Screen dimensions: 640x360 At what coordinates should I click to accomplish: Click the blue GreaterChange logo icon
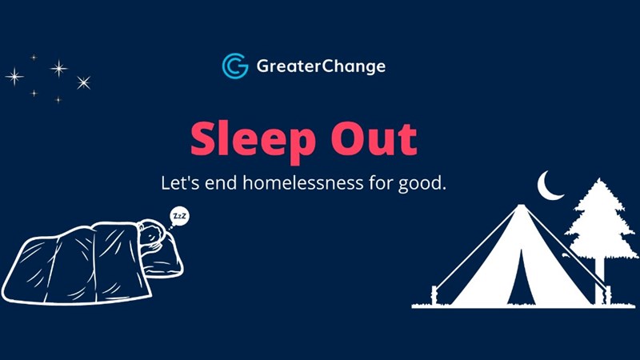[234, 66]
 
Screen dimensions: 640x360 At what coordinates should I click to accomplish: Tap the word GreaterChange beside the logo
[321, 66]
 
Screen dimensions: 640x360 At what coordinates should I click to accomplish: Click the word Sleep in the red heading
[253, 141]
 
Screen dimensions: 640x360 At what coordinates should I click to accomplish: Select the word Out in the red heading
[374, 138]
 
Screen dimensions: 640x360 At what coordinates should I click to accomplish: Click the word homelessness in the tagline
[303, 182]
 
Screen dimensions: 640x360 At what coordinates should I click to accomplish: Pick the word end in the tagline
[221, 182]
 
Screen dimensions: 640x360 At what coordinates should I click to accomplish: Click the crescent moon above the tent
[548, 187]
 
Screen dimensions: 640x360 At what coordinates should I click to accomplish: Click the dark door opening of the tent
[521, 279]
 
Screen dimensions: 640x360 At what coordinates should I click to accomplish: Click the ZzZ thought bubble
[179, 216]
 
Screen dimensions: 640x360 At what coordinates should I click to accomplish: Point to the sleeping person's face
[151, 236]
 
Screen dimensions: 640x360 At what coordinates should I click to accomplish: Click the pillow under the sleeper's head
[164, 256]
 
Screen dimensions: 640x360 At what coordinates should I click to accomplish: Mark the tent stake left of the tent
[434, 295]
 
